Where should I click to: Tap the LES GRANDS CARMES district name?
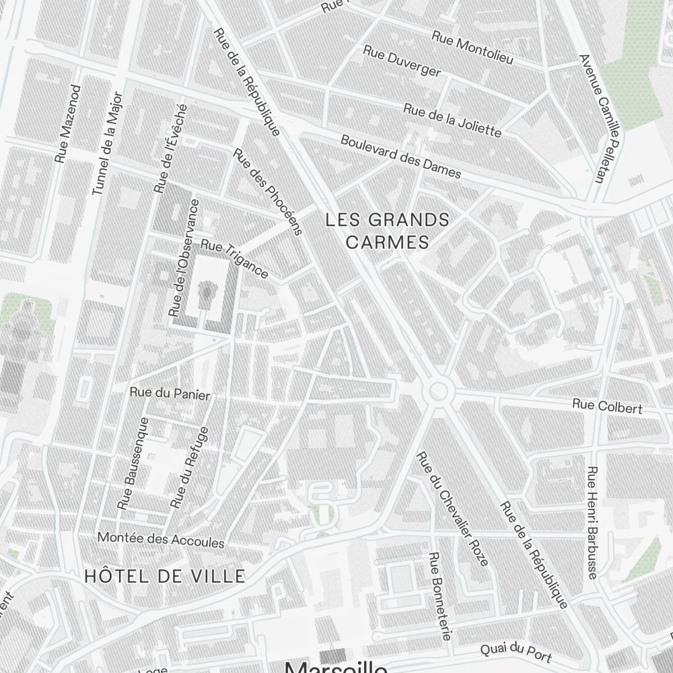tap(387, 230)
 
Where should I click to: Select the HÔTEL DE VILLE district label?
tap(164, 575)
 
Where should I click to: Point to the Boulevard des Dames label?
tap(400, 157)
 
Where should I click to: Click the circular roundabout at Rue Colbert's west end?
tap(438, 390)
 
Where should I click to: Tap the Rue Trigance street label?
tap(235, 259)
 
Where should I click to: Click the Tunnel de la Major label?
tap(106, 143)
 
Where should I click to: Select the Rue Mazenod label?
tap(69, 123)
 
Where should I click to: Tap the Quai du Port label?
tap(516, 652)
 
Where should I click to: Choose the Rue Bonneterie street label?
tap(441, 596)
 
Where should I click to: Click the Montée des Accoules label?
tap(161, 539)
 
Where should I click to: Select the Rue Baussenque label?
tap(133, 462)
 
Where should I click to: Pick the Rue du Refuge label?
tap(189, 467)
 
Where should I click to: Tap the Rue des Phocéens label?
tap(267, 191)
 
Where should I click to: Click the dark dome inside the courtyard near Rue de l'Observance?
tap(207, 291)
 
